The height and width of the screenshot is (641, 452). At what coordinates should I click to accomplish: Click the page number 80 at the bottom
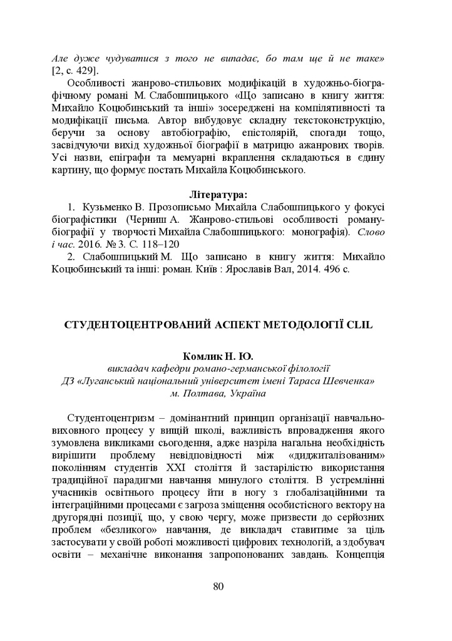pos(218,586)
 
